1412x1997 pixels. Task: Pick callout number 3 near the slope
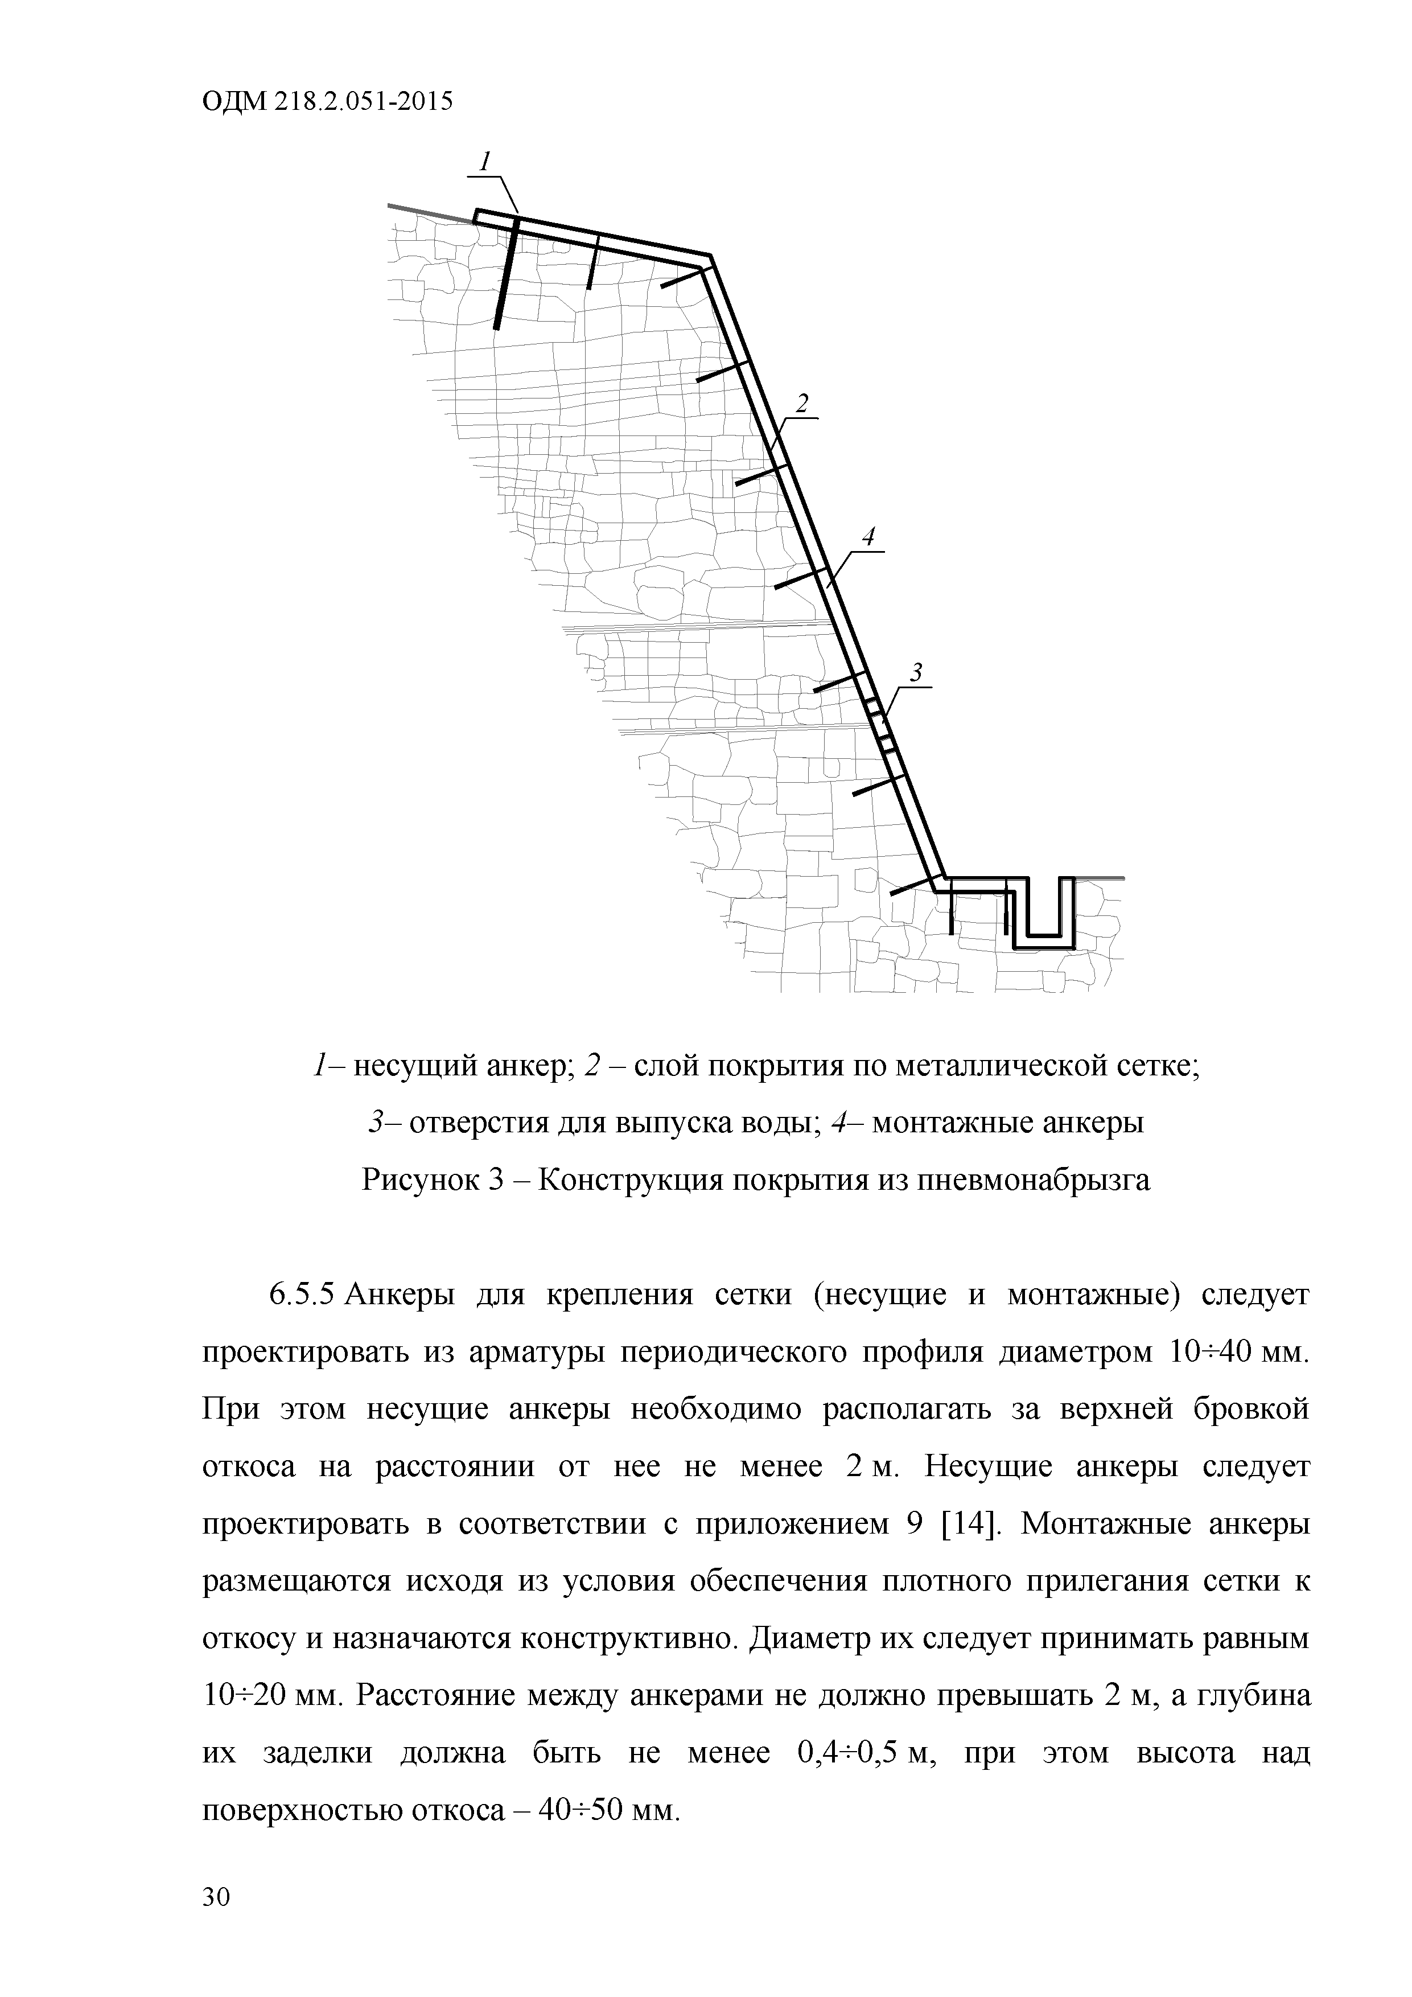[x=916, y=672]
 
